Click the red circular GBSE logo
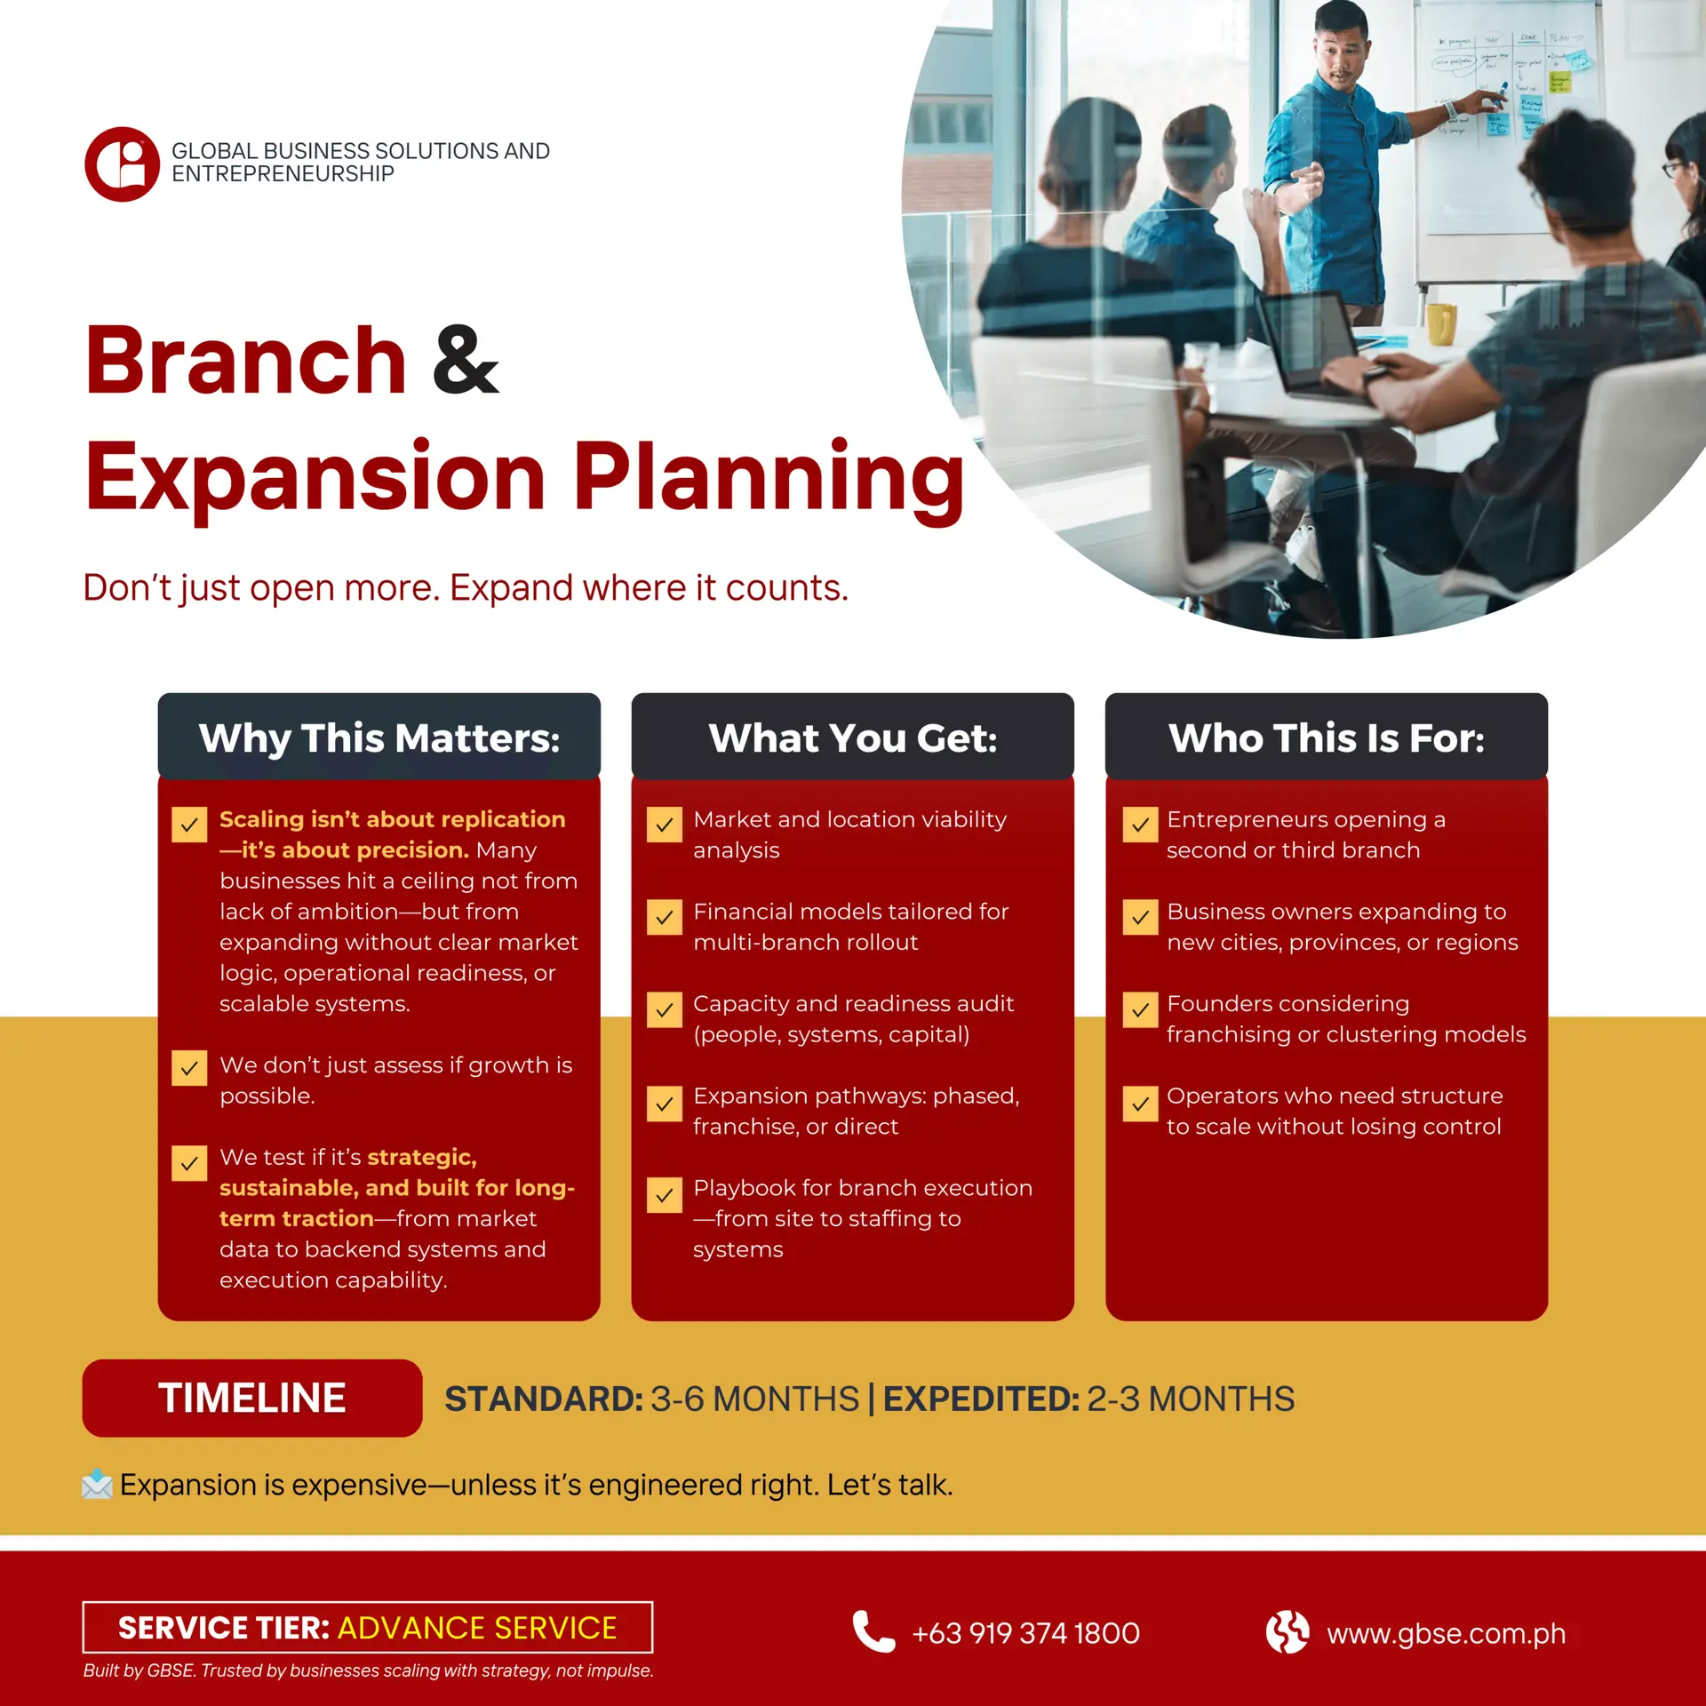pos(123,164)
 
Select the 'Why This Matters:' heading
pos(379,738)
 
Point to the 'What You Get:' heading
pos(853,738)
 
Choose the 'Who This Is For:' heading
pos(1327,738)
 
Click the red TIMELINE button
pos(252,1398)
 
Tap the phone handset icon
pos(873,1631)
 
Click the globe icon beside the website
pos(1287,1632)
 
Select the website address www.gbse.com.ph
pos(1447,1633)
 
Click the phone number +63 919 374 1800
pos(1026,1633)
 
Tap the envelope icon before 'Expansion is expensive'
pos(97,1485)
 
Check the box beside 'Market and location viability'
pos(665,825)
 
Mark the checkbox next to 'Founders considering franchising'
pos(1140,1009)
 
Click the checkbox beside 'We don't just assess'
pos(189,1068)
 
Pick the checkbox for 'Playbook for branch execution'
pos(665,1195)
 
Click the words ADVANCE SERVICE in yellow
pos(477,1628)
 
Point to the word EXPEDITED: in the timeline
pos(982,1399)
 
